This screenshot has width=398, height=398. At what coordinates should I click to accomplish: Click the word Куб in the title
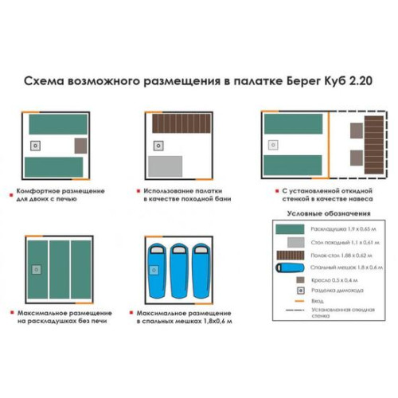pyautogui.click(x=333, y=80)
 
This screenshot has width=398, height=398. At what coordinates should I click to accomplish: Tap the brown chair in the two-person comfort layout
pyautogui.click(x=80, y=146)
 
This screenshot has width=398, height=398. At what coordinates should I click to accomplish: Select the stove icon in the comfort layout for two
pyautogui.click(x=37, y=146)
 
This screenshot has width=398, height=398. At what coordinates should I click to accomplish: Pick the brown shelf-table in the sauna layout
pyautogui.click(x=182, y=123)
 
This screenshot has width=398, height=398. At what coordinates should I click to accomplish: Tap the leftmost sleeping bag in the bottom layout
pyautogui.click(x=155, y=268)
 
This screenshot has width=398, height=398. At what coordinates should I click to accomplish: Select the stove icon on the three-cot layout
pyautogui.click(x=36, y=271)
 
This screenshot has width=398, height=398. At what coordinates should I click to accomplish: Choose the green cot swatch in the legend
pyautogui.click(x=292, y=228)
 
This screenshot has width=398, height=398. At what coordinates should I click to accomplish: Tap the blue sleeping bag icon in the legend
pyautogui.click(x=292, y=267)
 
